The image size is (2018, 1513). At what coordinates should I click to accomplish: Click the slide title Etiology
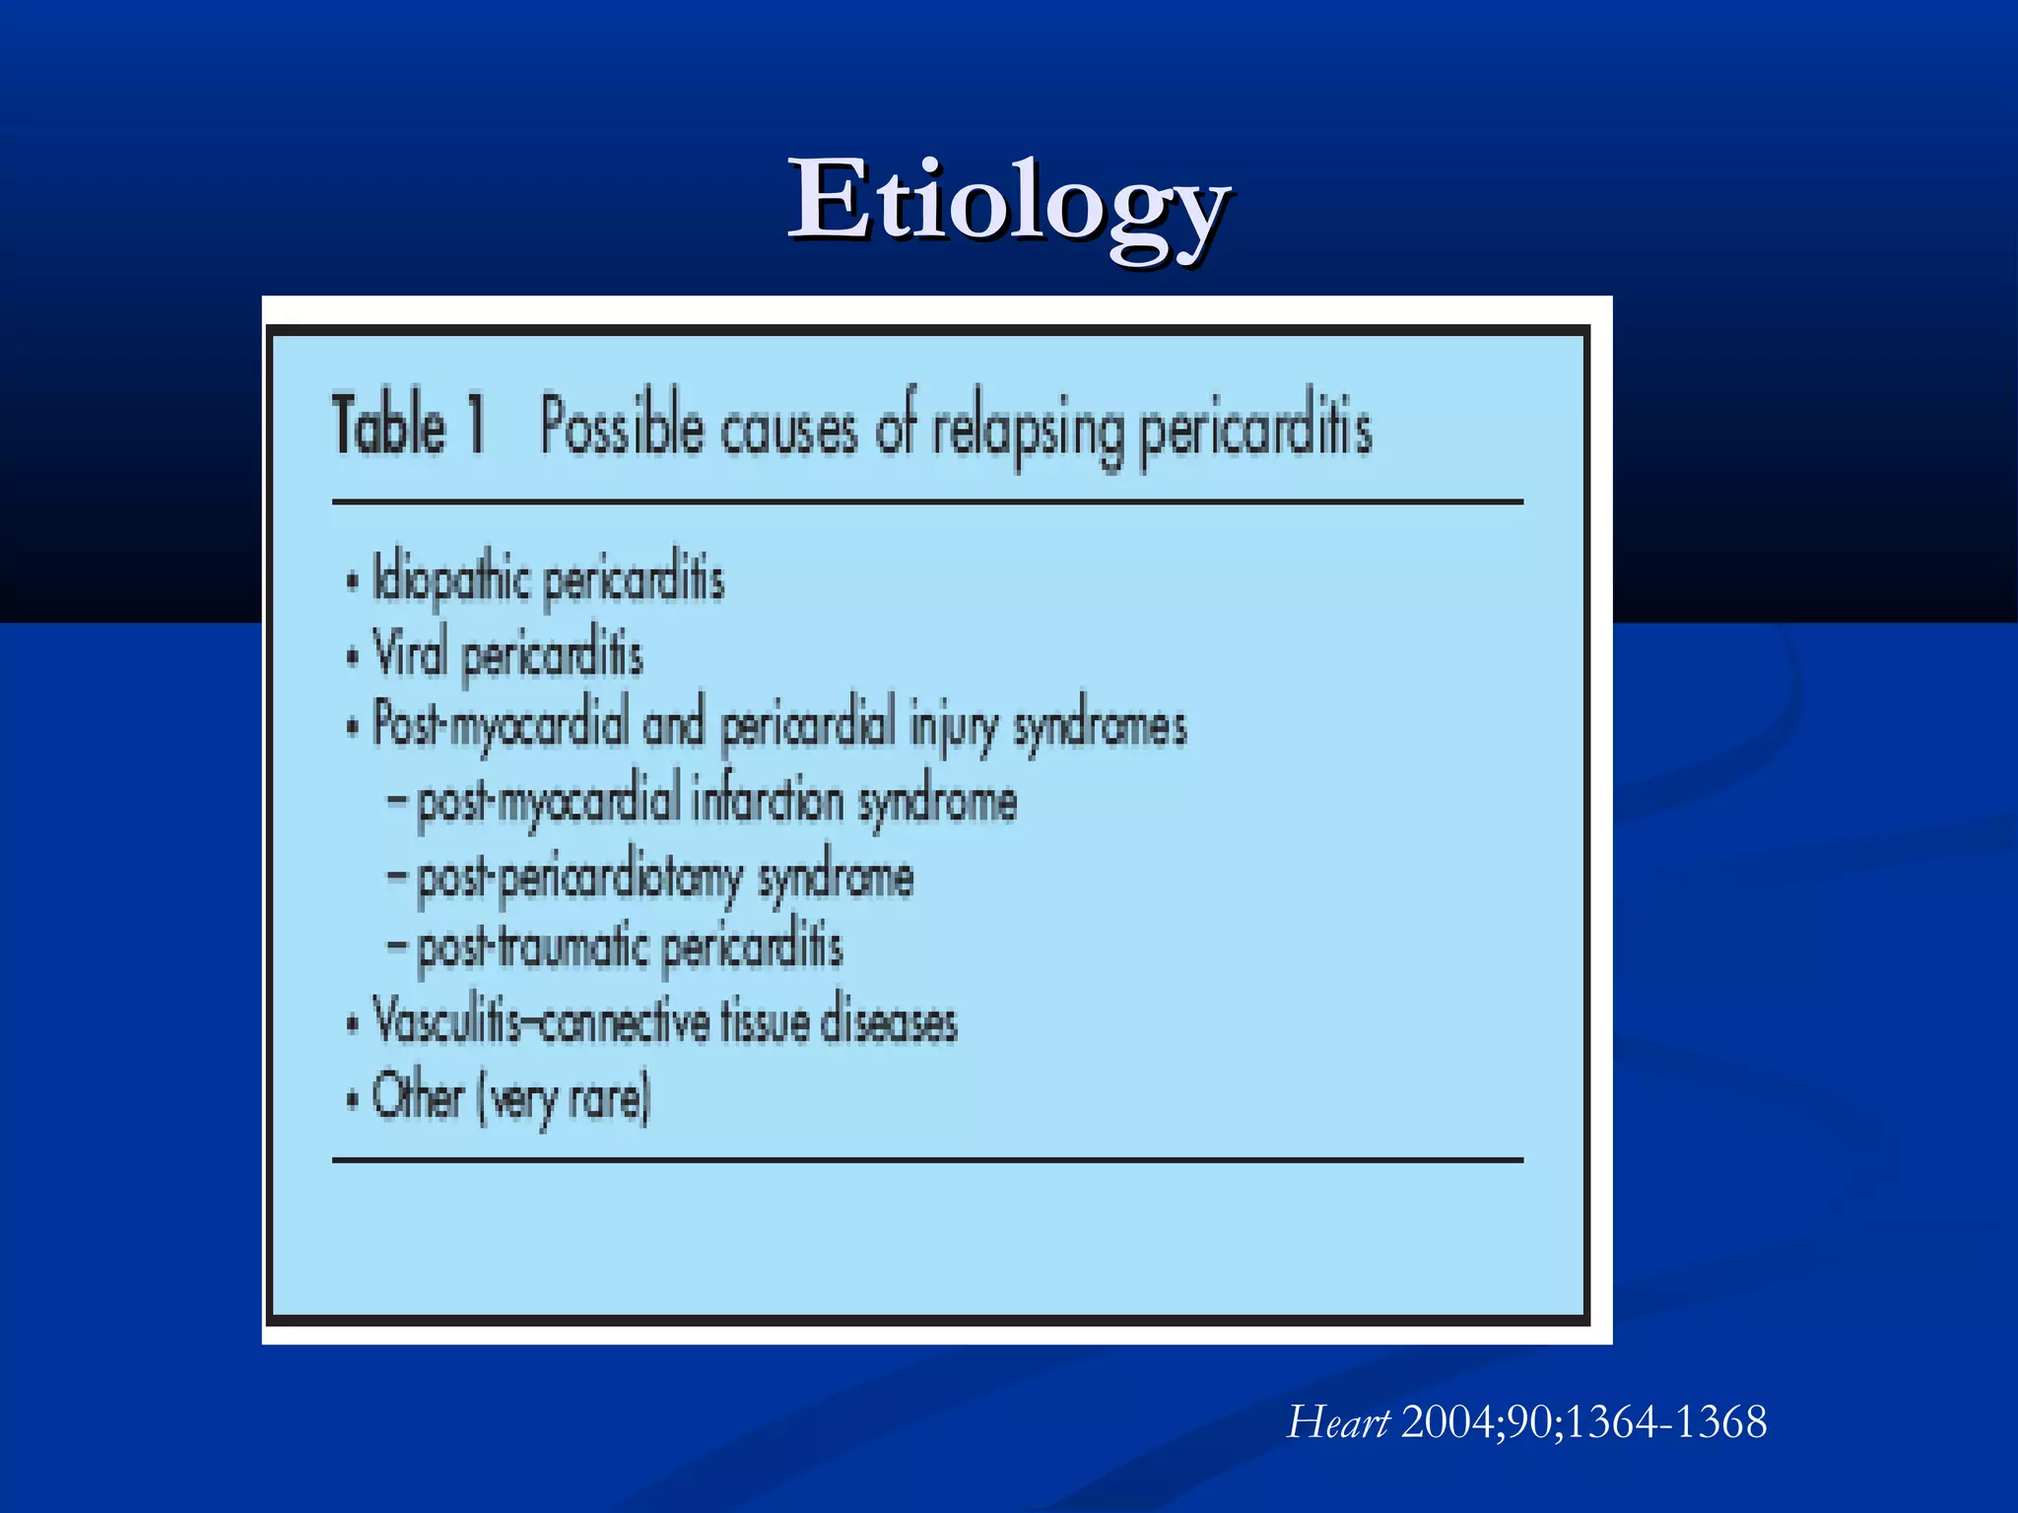1008,202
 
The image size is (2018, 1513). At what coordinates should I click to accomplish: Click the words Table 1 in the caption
408,426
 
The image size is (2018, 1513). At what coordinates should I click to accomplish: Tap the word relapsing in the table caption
1028,430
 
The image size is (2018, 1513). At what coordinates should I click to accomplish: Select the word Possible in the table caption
622,428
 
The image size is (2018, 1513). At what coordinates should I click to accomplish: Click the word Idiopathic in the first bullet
452,579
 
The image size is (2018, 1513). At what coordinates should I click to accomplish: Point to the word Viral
410,653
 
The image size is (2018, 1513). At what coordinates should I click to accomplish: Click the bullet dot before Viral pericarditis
352,657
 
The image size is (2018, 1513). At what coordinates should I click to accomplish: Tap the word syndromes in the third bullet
1100,728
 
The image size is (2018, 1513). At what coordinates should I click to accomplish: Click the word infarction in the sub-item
768,801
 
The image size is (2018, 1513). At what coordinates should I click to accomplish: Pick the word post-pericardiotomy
579,878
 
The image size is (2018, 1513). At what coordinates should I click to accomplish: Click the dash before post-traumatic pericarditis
396,947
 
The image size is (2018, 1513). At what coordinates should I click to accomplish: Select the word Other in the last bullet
418,1096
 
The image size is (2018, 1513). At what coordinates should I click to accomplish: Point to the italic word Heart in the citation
1337,1423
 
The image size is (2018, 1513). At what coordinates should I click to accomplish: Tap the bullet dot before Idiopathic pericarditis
352,582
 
